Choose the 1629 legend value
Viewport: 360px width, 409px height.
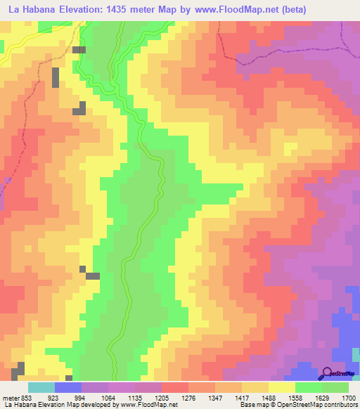point(321,397)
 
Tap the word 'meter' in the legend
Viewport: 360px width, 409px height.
point(11,397)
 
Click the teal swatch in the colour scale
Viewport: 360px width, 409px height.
point(41,387)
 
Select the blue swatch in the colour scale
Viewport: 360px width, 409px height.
point(67,387)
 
